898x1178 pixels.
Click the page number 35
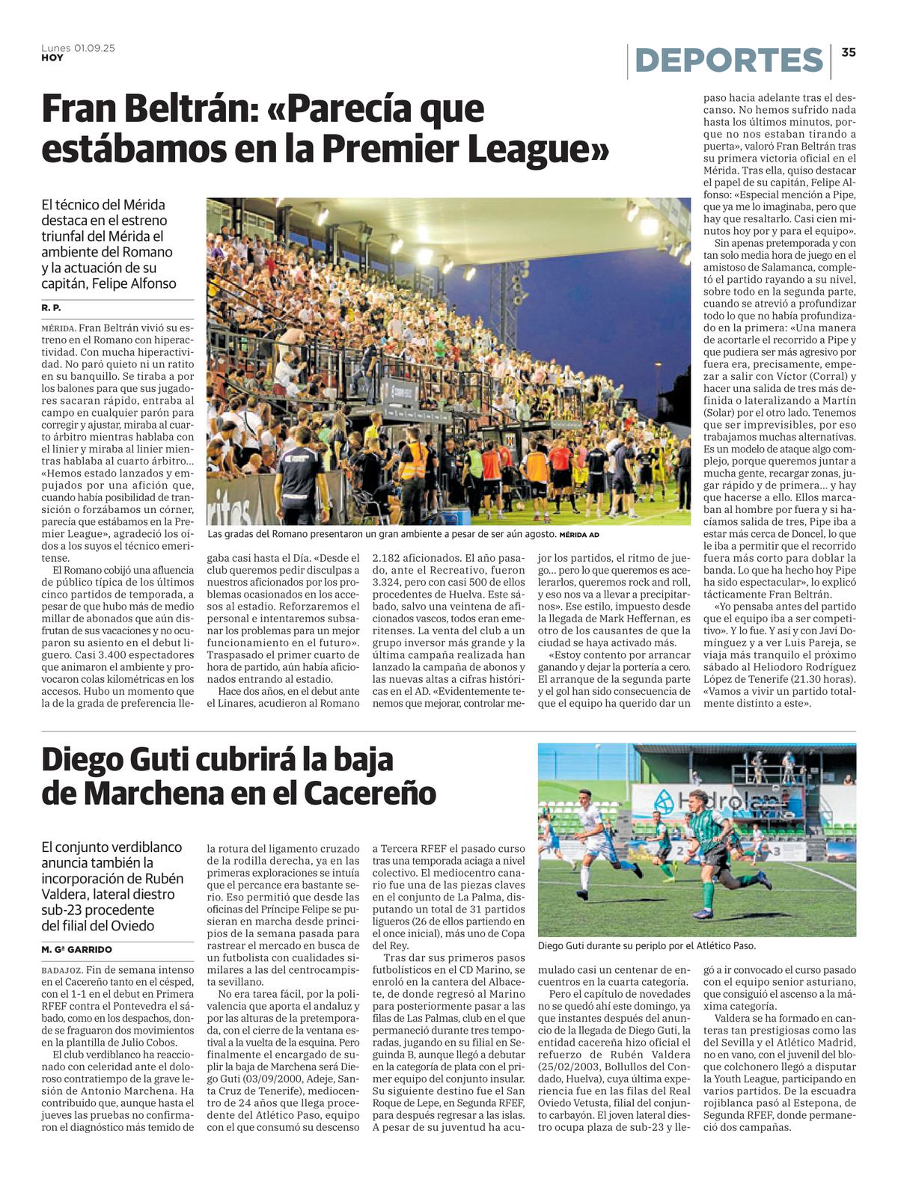tap(848, 52)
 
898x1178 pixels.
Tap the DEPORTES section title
tap(729, 61)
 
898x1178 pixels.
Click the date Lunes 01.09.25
tap(78, 48)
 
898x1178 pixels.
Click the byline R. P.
tap(51, 308)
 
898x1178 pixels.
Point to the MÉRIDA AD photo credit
tap(579, 535)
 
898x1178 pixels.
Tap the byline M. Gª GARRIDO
tap(76, 949)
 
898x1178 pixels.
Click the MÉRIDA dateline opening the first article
tap(58, 328)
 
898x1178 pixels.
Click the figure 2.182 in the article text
tap(389, 558)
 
